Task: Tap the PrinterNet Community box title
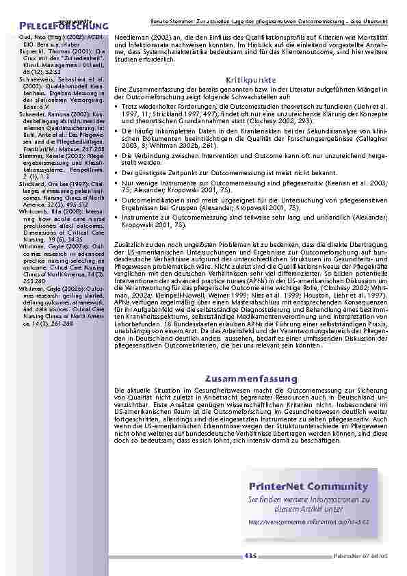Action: pyautogui.click(x=304, y=486)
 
